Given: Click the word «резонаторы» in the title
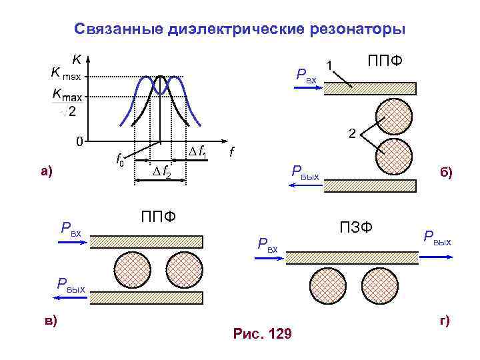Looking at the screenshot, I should click(x=361, y=29).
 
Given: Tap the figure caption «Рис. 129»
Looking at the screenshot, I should click(x=262, y=333).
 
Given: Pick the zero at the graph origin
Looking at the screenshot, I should click(x=79, y=141).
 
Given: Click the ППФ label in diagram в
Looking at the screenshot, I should click(x=159, y=217).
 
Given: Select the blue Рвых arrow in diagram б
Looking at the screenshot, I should click(x=304, y=187).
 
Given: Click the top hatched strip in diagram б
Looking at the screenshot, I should click(x=370, y=89).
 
